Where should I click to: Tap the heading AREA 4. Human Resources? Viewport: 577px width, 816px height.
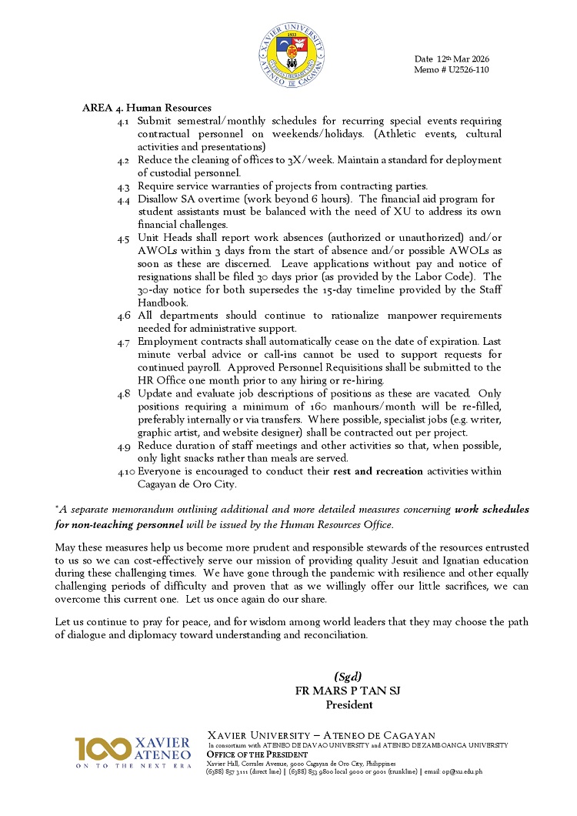tap(146, 108)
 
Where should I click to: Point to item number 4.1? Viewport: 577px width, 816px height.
tap(123, 122)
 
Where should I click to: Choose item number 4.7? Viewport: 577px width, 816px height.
tap(123, 342)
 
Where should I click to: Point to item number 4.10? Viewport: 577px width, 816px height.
tap(125, 471)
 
